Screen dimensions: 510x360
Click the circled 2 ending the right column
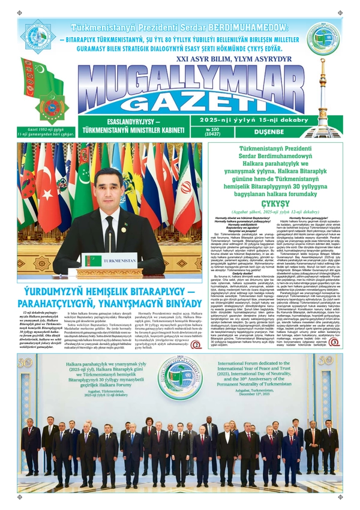[x=334, y=341]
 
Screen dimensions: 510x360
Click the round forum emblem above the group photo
[x=179, y=380]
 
